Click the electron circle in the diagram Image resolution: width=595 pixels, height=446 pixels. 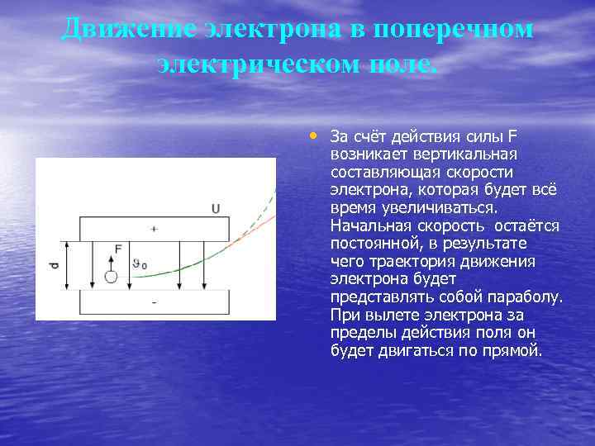(111, 277)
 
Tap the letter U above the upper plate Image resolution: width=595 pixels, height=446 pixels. (216, 209)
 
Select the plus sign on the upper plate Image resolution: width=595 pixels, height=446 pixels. (154, 228)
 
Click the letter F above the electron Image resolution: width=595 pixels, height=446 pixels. (119, 248)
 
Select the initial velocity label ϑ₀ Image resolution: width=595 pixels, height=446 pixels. (140, 264)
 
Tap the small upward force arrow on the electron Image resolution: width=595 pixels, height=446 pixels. (111, 260)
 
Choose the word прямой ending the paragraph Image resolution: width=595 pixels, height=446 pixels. (516, 351)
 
